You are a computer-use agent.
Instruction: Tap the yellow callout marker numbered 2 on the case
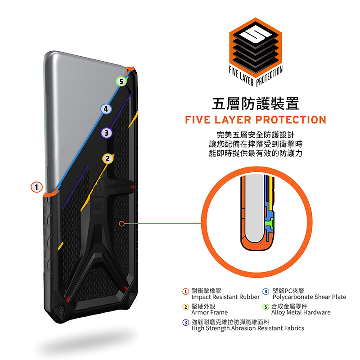(107, 158)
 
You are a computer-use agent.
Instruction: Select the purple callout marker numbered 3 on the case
(107, 133)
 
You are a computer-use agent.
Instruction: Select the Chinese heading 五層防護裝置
(255, 103)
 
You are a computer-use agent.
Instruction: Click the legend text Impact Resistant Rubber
(225, 297)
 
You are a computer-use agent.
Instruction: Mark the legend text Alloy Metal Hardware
(301, 312)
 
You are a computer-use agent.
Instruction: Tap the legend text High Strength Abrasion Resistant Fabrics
(247, 328)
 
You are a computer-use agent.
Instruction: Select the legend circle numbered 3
(185, 323)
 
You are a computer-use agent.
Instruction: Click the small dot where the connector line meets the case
(122, 223)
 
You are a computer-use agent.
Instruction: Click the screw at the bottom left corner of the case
(60, 310)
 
